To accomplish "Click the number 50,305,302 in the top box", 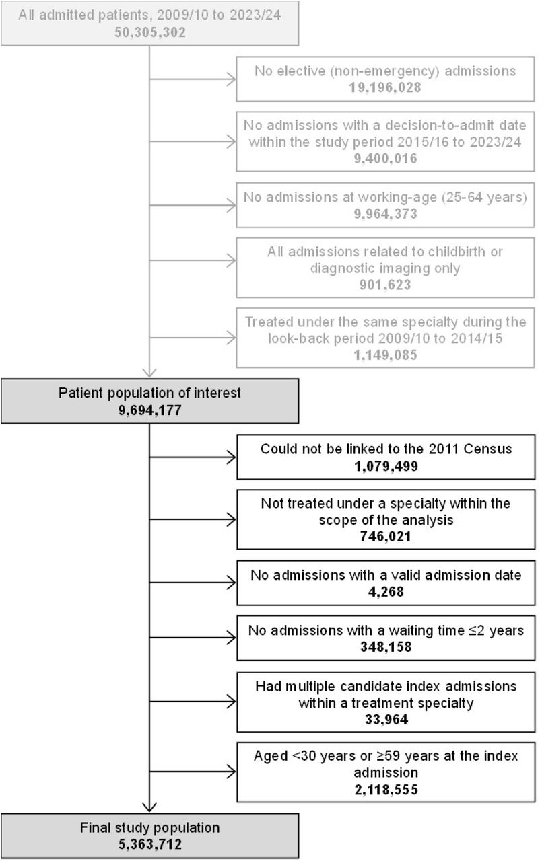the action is click(x=150, y=32).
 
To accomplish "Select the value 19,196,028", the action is click(x=385, y=87).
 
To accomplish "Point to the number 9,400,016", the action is click(x=385, y=158).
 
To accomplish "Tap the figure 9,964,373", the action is click(x=385, y=214).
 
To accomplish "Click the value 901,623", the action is click(x=385, y=285).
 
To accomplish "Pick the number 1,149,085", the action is click(x=385, y=355).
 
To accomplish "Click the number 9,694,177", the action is click(x=150, y=410).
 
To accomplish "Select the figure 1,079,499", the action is click(x=386, y=466).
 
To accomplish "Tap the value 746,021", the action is click(x=385, y=536).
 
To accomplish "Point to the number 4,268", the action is click(x=386, y=591).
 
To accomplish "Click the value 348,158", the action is click(x=386, y=647).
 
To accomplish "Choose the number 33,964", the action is click(x=386, y=720).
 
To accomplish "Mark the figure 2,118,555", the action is click(x=386, y=790).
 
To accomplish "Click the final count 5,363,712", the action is click(x=150, y=844).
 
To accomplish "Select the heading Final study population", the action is click(x=150, y=827).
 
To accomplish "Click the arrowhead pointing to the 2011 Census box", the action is click(x=232, y=457).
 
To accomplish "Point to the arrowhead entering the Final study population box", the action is click(x=149, y=807).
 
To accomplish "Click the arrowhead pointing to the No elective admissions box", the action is click(x=232, y=79).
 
